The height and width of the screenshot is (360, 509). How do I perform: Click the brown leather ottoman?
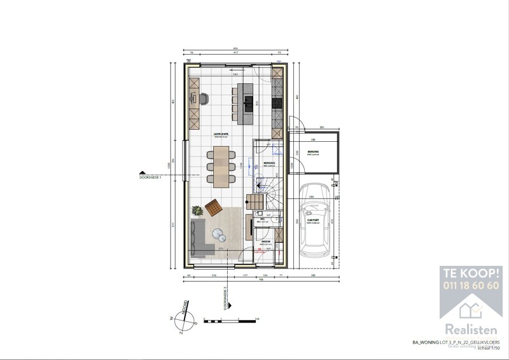(214, 206)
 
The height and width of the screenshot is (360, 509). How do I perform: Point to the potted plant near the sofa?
(197, 210)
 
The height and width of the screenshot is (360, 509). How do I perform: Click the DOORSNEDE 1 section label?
(151, 177)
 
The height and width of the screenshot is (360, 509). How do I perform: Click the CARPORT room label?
(312, 223)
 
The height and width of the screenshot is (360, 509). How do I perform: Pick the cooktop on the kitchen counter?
(277, 102)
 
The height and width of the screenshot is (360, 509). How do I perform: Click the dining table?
(220, 166)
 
